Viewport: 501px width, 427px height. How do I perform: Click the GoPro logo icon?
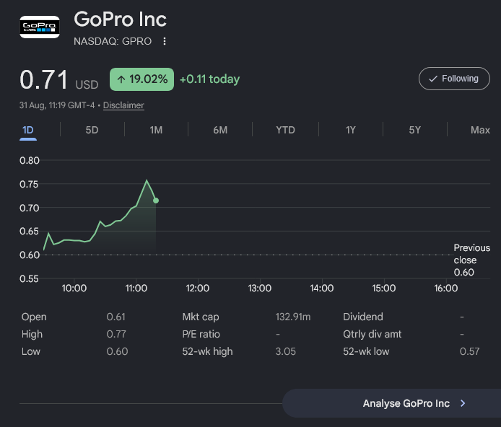[40, 27]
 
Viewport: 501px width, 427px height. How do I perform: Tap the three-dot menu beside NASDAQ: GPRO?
[164, 41]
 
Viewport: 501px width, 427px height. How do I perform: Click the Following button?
[454, 79]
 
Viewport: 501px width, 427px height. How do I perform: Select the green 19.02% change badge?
[142, 79]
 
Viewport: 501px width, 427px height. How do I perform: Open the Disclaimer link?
[123, 105]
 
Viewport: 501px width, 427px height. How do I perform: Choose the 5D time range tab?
[92, 130]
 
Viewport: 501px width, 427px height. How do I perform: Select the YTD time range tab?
[285, 130]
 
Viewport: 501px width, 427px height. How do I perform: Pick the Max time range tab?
[480, 130]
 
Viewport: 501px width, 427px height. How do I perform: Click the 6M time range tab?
[220, 130]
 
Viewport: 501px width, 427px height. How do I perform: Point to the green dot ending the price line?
[156, 201]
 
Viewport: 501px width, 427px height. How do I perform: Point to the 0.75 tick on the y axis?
[29, 184]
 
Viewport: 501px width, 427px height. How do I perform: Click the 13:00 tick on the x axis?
[259, 289]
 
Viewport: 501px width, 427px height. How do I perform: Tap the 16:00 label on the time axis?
[445, 289]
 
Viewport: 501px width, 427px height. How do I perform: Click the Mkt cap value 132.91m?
[293, 317]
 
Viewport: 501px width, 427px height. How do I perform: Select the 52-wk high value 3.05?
[286, 351]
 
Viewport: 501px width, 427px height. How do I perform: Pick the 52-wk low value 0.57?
[469, 351]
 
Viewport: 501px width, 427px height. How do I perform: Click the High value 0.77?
[116, 334]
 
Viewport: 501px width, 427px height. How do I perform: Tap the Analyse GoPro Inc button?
[392, 403]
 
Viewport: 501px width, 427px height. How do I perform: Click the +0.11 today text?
[209, 79]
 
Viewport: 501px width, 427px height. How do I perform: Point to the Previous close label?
[472, 254]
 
